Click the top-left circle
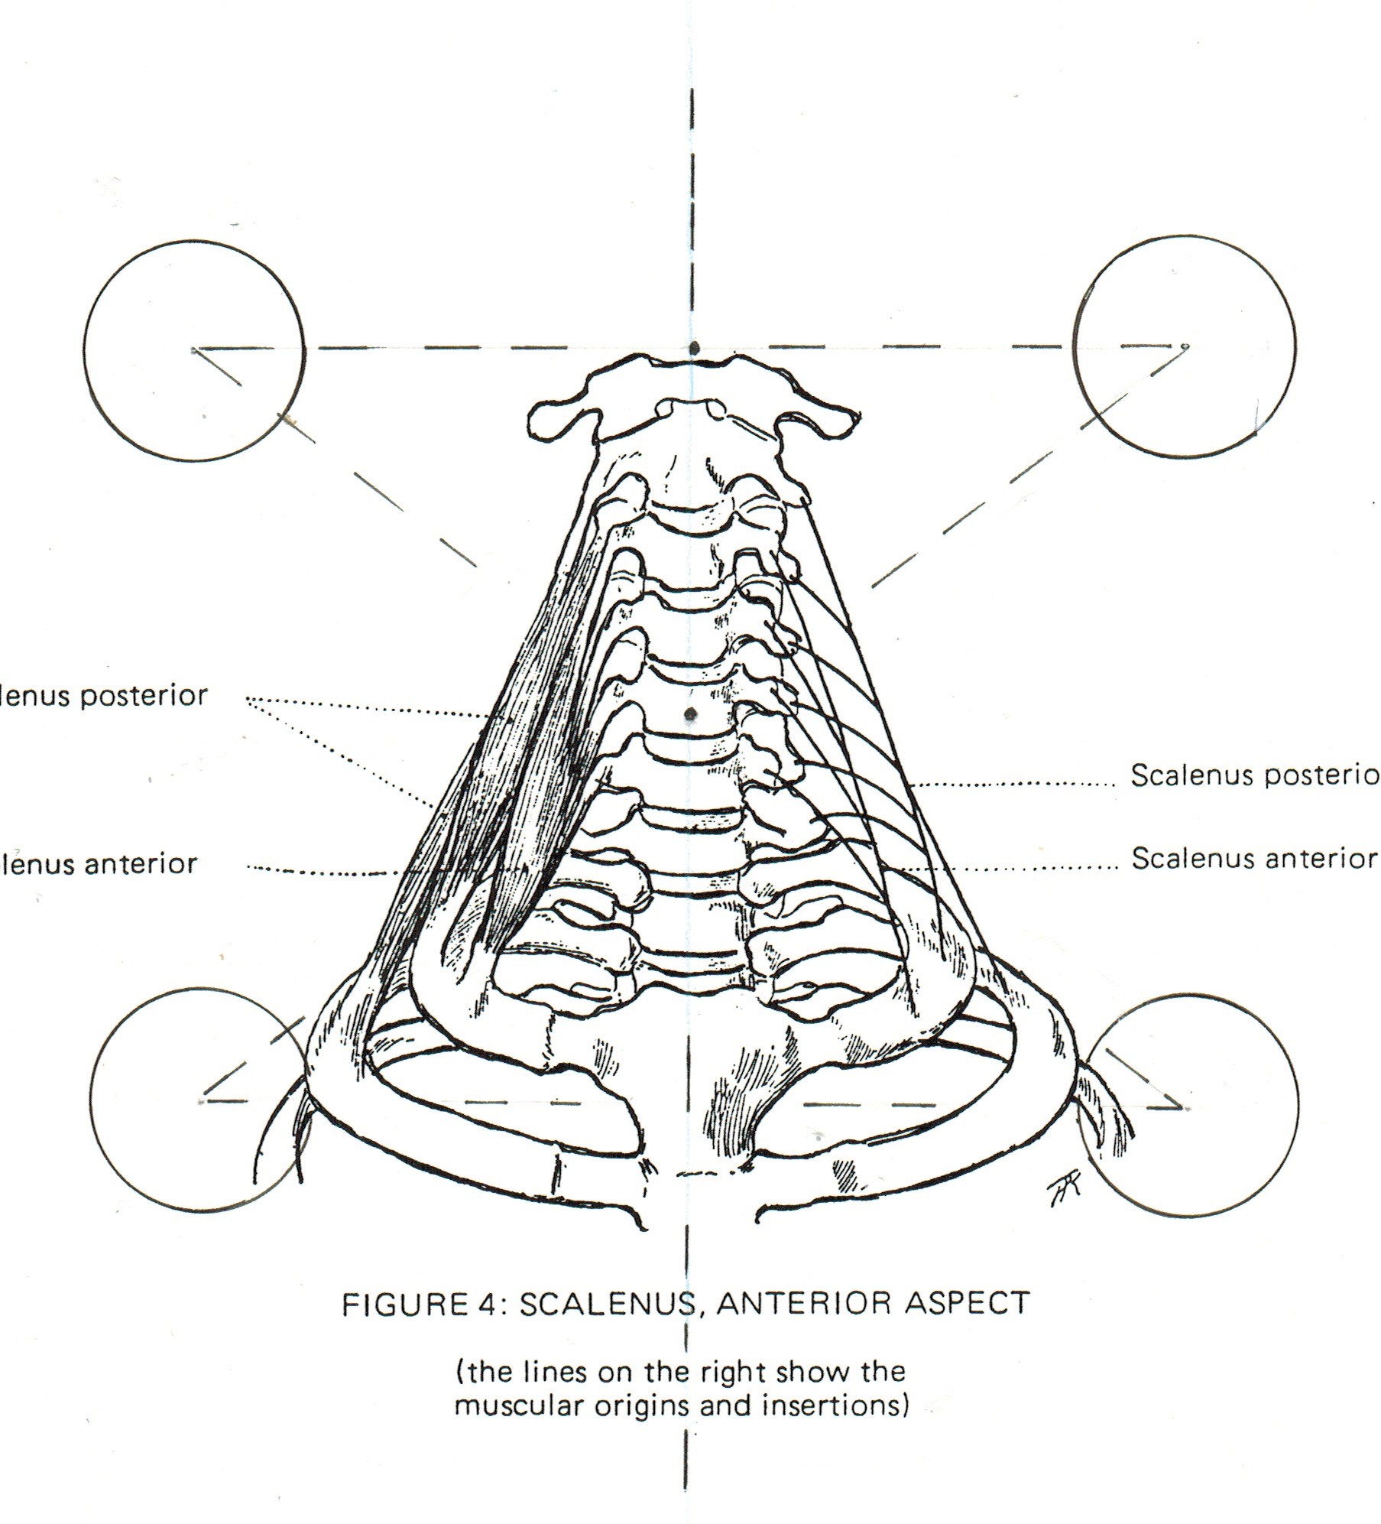click(x=194, y=351)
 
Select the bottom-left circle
click(x=200, y=1102)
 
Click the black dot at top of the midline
click(x=693, y=348)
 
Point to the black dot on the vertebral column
click(x=691, y=714)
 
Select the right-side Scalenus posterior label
click(x=1254, y=775)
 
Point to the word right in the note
click(x=734, y=1371)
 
